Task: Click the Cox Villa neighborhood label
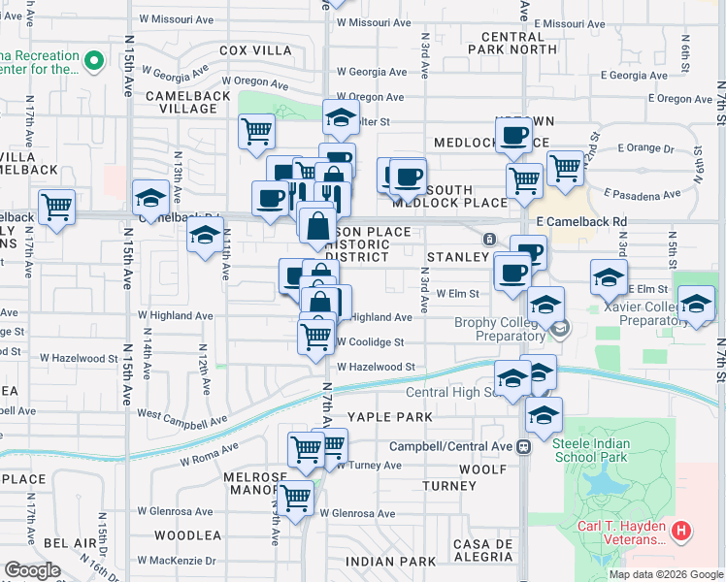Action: (256, 49)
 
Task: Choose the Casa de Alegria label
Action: (482, 550)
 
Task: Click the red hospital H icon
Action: (681, 531)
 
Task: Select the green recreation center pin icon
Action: (93, 62)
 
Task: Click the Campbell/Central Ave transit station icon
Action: (523, 446)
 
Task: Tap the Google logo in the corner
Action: (32, 570)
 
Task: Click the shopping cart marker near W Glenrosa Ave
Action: (294, 498)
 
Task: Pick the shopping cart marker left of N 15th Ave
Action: (56, 206)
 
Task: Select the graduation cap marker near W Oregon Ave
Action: (341, 116)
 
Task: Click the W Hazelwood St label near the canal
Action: (377, 367)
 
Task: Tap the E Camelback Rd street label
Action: (587, 221)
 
